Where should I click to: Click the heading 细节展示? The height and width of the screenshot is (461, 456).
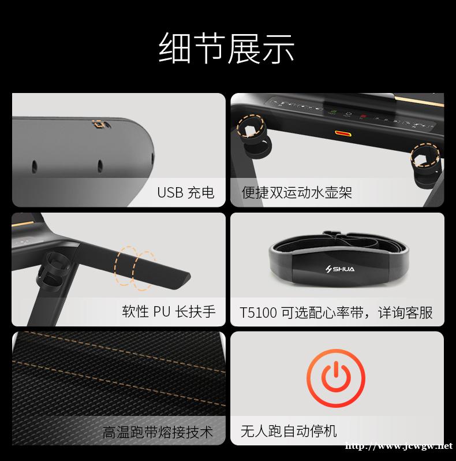tap(226, 48)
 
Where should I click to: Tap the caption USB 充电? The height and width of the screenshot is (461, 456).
tap(186, 192)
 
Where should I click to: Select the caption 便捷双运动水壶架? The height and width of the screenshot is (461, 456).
tap(297, 192)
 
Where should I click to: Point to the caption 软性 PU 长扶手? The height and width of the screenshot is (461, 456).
tap(169, 311)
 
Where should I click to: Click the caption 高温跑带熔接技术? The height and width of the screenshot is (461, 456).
tap(158, 432)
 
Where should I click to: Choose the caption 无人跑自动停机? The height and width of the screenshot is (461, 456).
tap(289, 432)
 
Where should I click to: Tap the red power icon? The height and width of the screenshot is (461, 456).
tap(336, 378)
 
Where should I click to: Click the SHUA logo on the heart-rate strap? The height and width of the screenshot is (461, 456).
tap(340, 269)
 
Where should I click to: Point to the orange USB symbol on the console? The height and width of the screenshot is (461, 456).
tap(102, 124)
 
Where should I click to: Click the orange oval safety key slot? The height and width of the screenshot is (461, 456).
tap(343, 134)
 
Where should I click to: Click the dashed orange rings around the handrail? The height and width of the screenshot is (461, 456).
tap(134, 267)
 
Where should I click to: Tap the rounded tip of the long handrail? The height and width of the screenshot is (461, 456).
tap(186, 276)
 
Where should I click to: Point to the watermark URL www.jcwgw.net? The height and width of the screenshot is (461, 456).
tap(399, 446)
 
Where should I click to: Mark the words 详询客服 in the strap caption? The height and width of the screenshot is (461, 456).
tap(405, 312)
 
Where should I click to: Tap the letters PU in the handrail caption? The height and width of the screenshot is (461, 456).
tap(162, 311)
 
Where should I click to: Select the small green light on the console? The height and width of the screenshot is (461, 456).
tap(333, 112)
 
